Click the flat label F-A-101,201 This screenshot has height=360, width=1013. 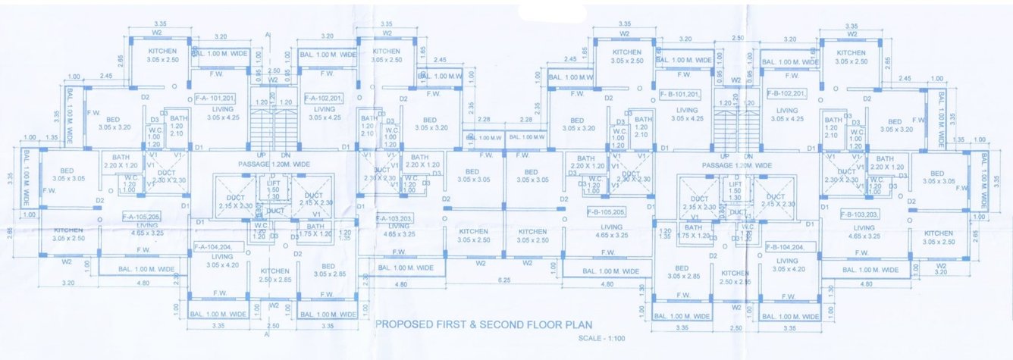(214, 98)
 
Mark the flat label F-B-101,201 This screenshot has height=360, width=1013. (679, 94)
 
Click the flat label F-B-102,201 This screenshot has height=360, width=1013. (786, 93)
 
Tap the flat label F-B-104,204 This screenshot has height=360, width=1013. (784, 247)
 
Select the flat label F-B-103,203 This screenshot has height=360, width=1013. (861, 214)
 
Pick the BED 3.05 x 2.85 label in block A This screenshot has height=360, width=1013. (328, 271)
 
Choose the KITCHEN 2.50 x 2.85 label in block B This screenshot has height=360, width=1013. (735, 277)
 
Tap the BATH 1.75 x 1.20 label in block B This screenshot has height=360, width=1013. (693, 231)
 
